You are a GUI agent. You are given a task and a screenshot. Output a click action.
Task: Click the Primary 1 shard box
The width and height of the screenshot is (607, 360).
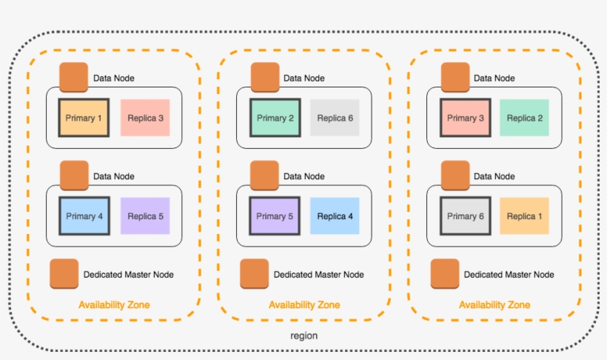84,117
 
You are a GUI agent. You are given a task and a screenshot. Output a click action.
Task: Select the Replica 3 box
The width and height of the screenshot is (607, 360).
145,118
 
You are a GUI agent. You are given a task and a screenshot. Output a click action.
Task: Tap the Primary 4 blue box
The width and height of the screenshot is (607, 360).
84,216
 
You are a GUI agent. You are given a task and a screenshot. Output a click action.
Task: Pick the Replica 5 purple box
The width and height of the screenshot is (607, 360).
145,216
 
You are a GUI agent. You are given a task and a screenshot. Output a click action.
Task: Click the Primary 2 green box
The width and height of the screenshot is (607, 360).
275,118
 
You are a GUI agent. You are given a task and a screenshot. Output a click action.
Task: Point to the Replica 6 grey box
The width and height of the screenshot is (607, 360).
335,118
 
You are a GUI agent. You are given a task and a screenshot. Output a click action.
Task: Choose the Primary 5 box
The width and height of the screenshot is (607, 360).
275,216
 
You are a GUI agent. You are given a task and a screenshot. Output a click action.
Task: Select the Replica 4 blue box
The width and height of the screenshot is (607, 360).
335,216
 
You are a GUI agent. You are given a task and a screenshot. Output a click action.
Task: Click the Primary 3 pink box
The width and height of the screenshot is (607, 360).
465,118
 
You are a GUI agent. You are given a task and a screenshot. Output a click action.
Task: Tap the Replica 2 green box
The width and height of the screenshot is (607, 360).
524,118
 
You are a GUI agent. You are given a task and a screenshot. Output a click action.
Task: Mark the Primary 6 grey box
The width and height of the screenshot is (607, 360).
465,216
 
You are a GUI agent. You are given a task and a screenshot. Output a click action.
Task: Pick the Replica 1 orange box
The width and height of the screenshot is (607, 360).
524,216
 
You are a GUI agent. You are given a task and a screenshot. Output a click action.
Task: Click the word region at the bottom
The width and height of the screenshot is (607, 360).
303,336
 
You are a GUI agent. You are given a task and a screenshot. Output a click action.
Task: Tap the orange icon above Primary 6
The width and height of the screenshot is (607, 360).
455,176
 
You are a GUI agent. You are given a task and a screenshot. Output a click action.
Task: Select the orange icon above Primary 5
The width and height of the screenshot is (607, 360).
264,176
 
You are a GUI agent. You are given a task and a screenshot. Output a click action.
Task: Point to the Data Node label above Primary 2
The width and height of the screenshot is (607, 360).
303,78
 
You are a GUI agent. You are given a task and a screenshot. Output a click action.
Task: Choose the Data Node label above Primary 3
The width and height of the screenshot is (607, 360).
494,78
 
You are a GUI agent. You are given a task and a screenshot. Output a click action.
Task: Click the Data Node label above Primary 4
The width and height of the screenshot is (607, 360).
113,176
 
